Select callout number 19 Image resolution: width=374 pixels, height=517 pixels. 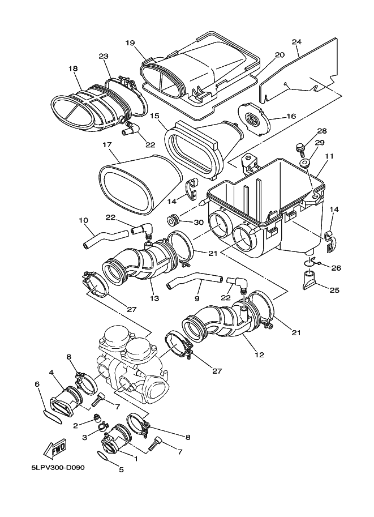pyautogui.click(x=130, y=43)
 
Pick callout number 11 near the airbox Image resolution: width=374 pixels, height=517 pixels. pyautogui.click(x=329, y=155)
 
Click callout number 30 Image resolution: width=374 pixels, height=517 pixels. pyautogui.click(x=197, y=223)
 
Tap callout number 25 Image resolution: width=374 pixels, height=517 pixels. pyautogui.click(x=334, y=290)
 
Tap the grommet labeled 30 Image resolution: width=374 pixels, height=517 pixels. pyautogui.click(x=174, y=220)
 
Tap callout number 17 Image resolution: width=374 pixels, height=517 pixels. pyautogui.click(x=106, y=145)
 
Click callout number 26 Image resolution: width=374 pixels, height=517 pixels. pyautogui.click(x=336, y=267)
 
